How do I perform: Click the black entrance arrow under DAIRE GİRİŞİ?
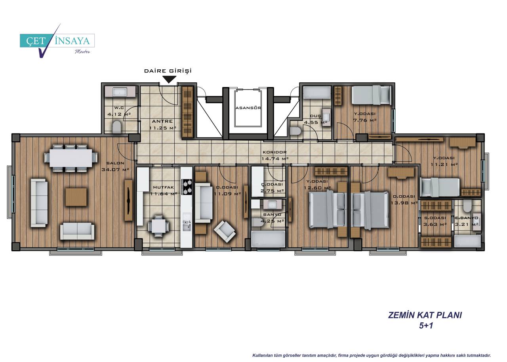click(170, 79)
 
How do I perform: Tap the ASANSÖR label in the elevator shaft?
click(248, 108)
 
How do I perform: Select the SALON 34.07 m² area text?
click(115, 170)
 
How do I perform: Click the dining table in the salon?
click(71, 158)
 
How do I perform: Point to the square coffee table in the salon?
click(76, 197)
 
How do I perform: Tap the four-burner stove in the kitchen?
click(187, 187)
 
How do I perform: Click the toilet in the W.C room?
click(117, 127)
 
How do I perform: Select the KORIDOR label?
click(274, 152)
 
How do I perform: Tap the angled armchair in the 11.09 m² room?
click(225, 231)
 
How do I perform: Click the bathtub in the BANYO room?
click(268, 239)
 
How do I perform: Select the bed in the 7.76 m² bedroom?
click(372, 95)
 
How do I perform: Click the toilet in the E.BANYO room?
click(467, 206)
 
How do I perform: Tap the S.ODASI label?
click(435, 218)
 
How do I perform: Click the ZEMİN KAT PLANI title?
click(425, 315)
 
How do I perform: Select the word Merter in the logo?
click(82, 52)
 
